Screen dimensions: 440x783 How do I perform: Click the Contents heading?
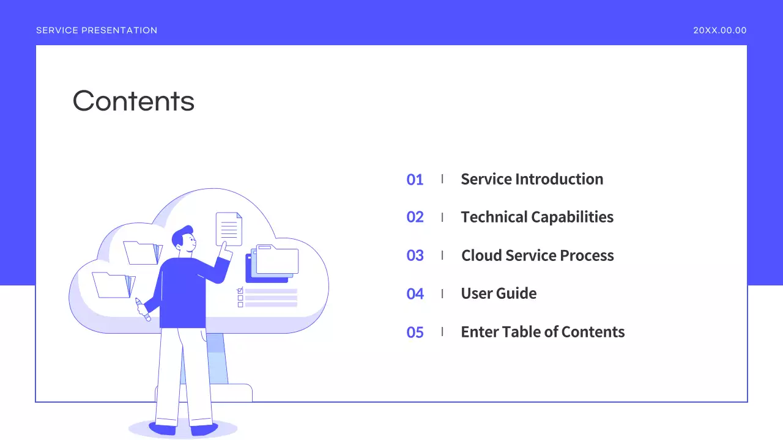click(x=133, y=101)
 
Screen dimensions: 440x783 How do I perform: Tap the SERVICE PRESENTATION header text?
click(x=97, y=31)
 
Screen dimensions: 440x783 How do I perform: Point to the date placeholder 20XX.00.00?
click(x=719, y=31)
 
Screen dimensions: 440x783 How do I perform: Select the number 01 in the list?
click(x=415, y=180)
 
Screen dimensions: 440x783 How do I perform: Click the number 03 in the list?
click(x=415, y=255)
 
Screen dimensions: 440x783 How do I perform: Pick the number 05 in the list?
click(x=415, y=332)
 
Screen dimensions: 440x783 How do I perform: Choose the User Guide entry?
click(x=499, y=293)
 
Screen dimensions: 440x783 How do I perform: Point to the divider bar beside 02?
click(x=442, y=217)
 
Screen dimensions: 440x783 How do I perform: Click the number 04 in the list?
click(x=415, y=294)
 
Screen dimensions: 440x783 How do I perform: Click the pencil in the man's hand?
click(x=143, y=309)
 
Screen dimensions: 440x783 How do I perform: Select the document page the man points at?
click(x=229, y=229)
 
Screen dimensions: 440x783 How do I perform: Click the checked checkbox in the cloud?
click(x=240, y=290)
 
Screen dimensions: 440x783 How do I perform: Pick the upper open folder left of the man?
click(x=142, y=252)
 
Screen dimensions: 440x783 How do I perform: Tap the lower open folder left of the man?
click(x=113, y=285)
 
